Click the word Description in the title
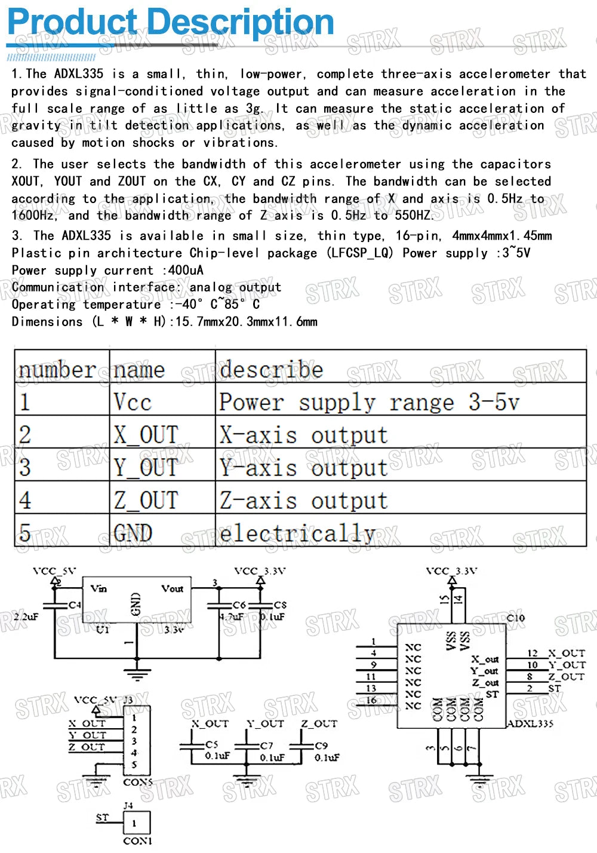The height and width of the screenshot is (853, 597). (240, 22)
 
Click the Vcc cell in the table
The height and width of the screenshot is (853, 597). (132, 401)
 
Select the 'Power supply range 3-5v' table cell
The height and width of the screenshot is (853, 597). (369, 402)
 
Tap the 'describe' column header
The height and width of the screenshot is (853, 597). (271, 369)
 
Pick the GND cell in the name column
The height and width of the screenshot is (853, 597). (133, 533)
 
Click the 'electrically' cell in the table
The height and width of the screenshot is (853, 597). (297, 533)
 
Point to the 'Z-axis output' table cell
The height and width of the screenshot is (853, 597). (303, 501)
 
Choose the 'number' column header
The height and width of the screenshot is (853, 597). (57, 370)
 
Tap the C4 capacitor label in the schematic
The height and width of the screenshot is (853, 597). (75, 605)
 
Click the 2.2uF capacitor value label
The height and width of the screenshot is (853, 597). (26, 616)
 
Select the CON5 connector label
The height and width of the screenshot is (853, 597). (138, 781)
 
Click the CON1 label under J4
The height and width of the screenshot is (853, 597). (137, 840)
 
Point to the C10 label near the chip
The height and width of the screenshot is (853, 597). (515, 618)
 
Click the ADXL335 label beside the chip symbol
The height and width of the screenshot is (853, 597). (530, 723)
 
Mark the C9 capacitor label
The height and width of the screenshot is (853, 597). (321, 745)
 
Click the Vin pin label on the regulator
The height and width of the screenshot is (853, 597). (99, 588)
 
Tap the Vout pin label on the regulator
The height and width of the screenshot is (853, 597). (172, 588)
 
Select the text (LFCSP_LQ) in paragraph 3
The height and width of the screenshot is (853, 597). (360, 253)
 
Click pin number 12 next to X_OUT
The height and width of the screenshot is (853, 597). (533, 653)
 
